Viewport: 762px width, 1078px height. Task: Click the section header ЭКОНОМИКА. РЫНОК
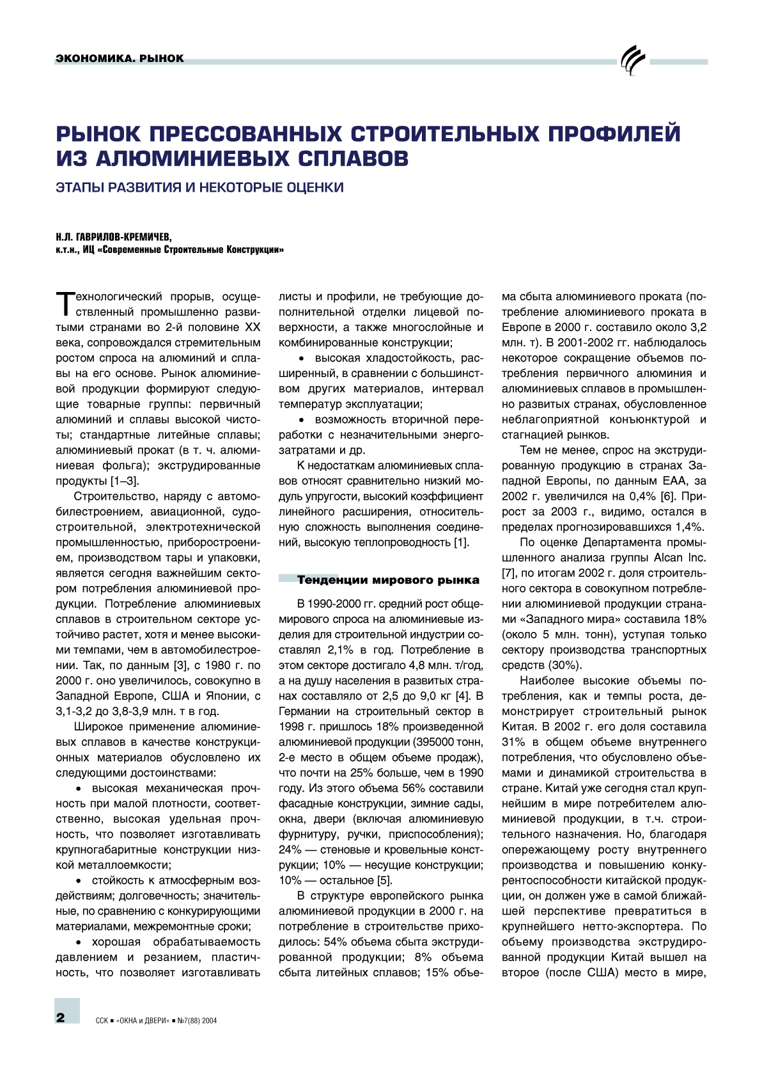coord(120,58)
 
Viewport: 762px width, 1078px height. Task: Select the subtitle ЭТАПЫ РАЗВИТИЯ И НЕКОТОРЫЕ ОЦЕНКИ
coord(199,188)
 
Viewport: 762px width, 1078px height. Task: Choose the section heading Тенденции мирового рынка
coord(387,580)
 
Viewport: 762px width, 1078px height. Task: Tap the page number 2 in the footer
coord(61,1018)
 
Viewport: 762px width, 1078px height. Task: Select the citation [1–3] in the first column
coord(125,481)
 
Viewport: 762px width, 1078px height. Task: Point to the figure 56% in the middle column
coord(414,789)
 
